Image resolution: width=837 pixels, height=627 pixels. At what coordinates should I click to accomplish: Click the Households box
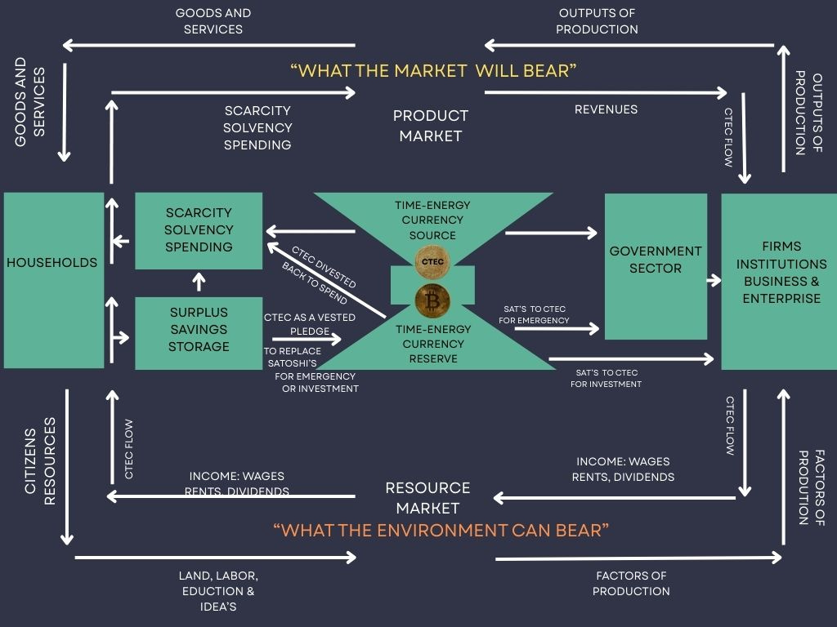53,279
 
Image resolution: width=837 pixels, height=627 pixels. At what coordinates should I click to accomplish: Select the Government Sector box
656,265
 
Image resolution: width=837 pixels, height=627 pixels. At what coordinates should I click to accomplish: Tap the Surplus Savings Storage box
199,329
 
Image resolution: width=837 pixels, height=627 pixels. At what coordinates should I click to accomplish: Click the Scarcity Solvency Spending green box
199,230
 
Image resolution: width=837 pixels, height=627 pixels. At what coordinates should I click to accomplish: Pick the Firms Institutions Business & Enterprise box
778,279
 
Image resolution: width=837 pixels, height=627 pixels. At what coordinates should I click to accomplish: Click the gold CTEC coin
433,261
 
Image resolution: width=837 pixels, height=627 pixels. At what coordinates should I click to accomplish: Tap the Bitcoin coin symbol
433,301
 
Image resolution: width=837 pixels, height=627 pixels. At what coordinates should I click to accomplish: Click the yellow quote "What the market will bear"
433,71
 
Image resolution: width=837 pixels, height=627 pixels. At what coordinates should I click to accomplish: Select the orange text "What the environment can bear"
441,531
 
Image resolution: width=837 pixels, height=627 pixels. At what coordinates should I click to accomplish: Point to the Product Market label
431,126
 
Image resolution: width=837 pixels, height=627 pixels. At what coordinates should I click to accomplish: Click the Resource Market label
427,496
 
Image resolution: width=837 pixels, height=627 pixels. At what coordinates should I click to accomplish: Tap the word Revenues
606,109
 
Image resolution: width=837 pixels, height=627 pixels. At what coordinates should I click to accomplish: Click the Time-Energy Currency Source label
433,220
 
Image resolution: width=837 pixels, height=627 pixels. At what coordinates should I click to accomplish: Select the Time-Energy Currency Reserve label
433,344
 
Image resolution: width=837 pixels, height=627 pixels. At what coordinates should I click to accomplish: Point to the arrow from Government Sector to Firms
714,280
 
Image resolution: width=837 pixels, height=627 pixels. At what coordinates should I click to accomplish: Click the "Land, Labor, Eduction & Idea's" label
217,591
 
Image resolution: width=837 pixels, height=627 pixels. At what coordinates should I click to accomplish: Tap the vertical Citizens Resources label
40,461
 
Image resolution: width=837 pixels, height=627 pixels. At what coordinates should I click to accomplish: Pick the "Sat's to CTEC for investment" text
606,378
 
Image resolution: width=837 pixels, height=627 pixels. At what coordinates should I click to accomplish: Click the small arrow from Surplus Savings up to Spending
199,282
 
